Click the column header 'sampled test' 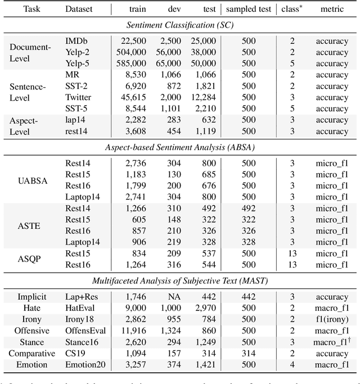tap(249, 9)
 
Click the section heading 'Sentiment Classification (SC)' tap(179, 25)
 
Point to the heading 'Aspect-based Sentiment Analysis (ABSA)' tap(179, 147)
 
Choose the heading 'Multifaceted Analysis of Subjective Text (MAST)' tap(179, 280)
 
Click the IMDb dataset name tap(76, 42)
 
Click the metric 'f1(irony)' tap(332, 319)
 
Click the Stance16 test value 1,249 tap(205, 341)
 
